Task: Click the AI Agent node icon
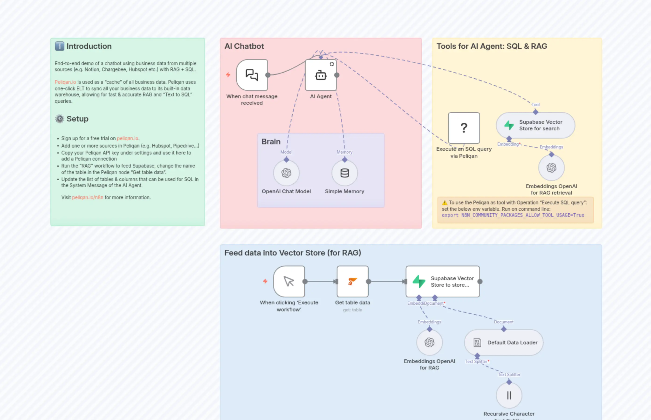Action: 321,75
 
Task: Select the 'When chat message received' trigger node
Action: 252,75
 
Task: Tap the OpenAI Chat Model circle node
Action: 286,173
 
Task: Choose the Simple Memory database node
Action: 344,173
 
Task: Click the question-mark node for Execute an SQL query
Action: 464,128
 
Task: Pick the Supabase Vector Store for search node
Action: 535,125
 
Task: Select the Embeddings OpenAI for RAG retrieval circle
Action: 551,168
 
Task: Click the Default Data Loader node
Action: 504,343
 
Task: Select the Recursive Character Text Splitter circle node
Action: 509,395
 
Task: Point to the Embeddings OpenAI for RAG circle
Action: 429,343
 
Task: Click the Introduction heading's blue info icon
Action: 59,46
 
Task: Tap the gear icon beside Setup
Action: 59,119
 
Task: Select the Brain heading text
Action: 271,141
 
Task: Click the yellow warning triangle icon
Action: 445,203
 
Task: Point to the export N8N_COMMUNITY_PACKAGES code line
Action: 513,215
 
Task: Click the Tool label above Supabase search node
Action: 535,104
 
